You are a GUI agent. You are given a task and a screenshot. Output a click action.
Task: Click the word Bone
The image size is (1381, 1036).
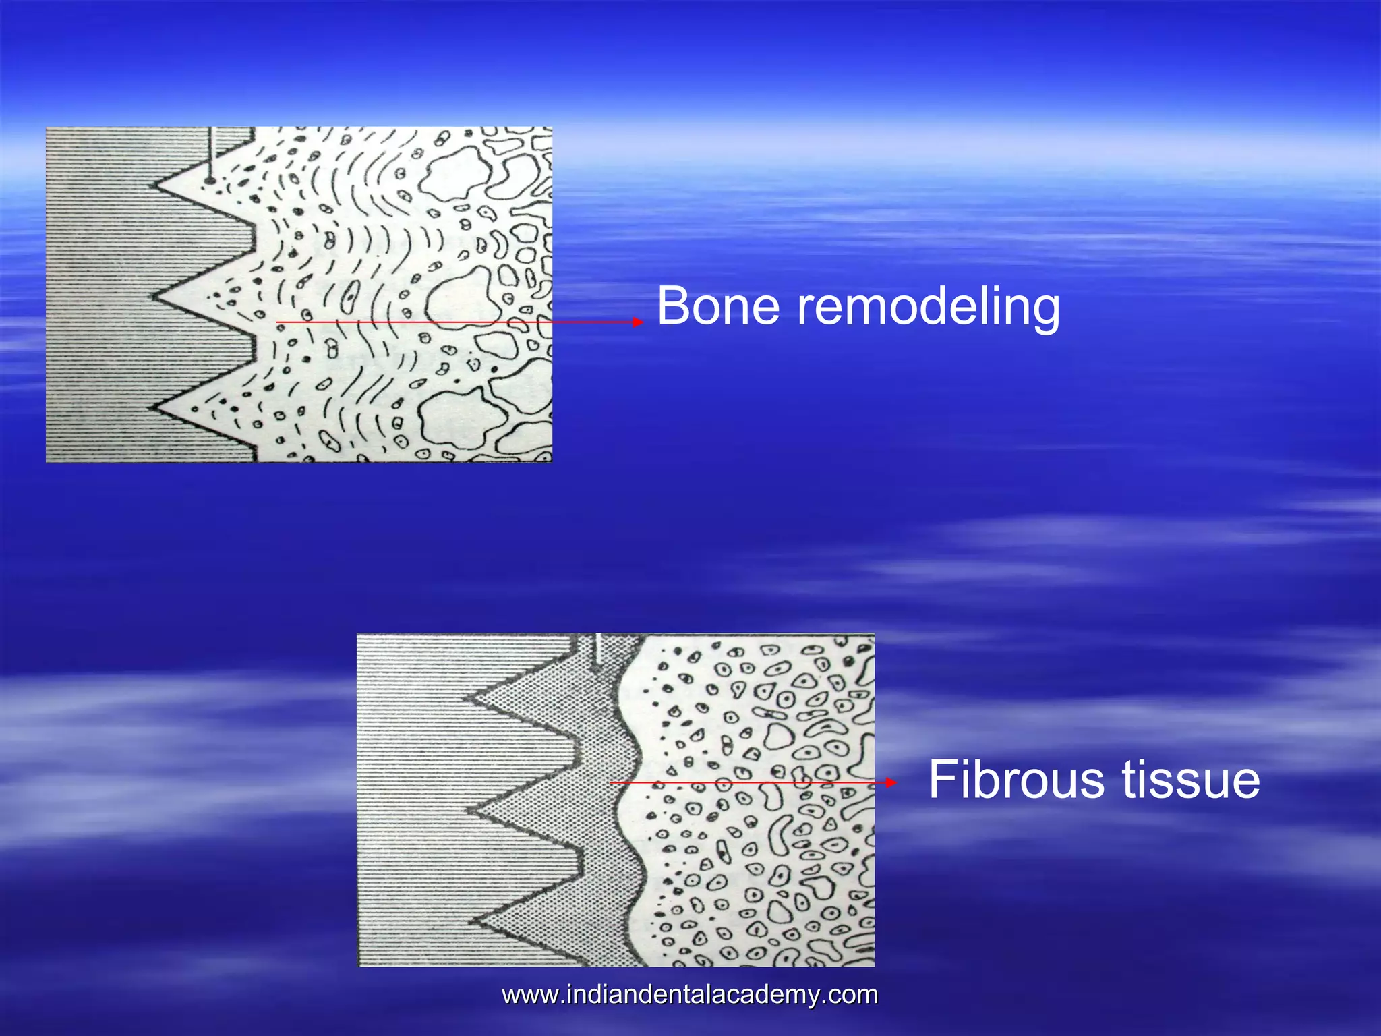point(719,307)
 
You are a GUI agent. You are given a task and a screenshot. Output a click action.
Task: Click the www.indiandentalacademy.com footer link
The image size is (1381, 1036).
point(690,995)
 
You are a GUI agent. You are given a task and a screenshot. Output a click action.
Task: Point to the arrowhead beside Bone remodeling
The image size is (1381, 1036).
point(638,322)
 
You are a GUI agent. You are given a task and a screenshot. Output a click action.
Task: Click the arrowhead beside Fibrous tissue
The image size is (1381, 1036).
point(891,782)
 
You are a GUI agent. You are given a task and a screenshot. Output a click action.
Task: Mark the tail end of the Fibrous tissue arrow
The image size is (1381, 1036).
point(611,782)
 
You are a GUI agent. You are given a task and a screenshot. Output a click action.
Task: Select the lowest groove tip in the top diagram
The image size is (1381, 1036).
point(152,407)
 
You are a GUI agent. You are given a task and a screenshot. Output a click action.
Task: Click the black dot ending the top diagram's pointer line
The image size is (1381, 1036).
point(210,181)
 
